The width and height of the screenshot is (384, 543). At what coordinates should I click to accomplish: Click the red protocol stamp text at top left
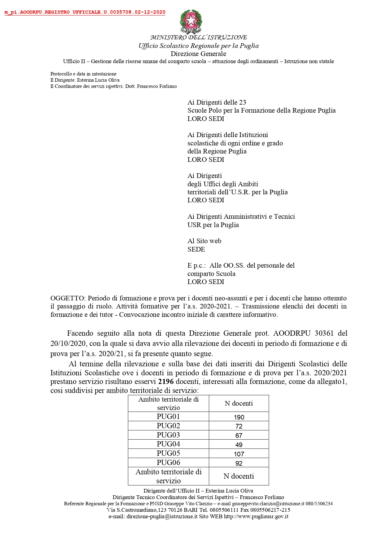(85, 12)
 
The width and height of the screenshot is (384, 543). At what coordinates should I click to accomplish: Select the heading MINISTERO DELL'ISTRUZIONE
(198, 37)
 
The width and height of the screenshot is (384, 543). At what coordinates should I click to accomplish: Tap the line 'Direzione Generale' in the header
(198, 54)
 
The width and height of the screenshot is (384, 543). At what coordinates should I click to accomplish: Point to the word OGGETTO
(67, 298)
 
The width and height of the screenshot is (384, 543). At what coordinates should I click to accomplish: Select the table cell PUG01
(168, 416)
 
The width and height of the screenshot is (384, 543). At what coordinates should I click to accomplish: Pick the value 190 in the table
(239, 417)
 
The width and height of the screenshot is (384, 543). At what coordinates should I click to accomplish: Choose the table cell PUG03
(168, 435)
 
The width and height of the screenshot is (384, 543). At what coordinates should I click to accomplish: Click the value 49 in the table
(239, 445)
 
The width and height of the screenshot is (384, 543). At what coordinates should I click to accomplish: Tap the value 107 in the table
(239, 454)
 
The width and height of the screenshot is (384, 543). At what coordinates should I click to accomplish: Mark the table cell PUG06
(168, 463)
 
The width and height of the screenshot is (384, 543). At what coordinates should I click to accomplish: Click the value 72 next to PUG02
(239, 426)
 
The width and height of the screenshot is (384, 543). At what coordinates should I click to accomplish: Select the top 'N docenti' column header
(239, 403)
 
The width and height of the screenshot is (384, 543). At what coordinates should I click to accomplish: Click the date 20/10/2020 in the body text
(68, 343)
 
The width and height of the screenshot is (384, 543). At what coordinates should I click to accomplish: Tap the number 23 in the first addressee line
(243, 102)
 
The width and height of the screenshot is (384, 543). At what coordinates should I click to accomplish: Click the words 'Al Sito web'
(204, 241)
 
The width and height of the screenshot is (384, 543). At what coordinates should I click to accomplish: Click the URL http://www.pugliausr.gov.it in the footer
(256, 516)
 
